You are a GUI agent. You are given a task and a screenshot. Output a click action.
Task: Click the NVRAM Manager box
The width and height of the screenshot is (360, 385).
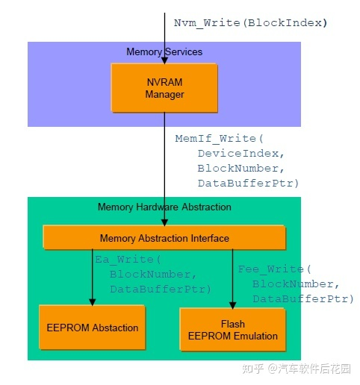[164, 88]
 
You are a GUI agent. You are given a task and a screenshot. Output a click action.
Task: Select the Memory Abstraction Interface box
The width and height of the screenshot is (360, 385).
[164, 238]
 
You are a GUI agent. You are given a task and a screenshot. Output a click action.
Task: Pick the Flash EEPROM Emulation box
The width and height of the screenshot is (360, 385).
[233, 330]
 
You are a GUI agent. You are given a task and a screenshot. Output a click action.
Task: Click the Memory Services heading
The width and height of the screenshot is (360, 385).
[164, 52]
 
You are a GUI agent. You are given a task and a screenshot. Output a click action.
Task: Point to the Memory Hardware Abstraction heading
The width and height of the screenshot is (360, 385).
[164, 207]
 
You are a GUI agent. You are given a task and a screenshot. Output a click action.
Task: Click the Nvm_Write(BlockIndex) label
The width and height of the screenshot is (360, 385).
[250, 22]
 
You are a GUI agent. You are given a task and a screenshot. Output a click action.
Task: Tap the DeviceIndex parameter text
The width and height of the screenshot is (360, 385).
[240, 154]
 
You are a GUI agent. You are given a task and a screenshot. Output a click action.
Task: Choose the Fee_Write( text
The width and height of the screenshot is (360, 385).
[273, 269]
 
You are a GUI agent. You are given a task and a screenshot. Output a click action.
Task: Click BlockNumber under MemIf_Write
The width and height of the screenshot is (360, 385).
[240, 169]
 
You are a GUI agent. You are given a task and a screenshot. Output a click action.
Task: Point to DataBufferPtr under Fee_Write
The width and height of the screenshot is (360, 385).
[302, 298]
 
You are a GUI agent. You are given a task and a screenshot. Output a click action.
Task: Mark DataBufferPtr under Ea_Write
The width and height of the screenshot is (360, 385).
[160, 289]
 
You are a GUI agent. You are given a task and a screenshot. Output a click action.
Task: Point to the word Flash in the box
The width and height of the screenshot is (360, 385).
[233, 324]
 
